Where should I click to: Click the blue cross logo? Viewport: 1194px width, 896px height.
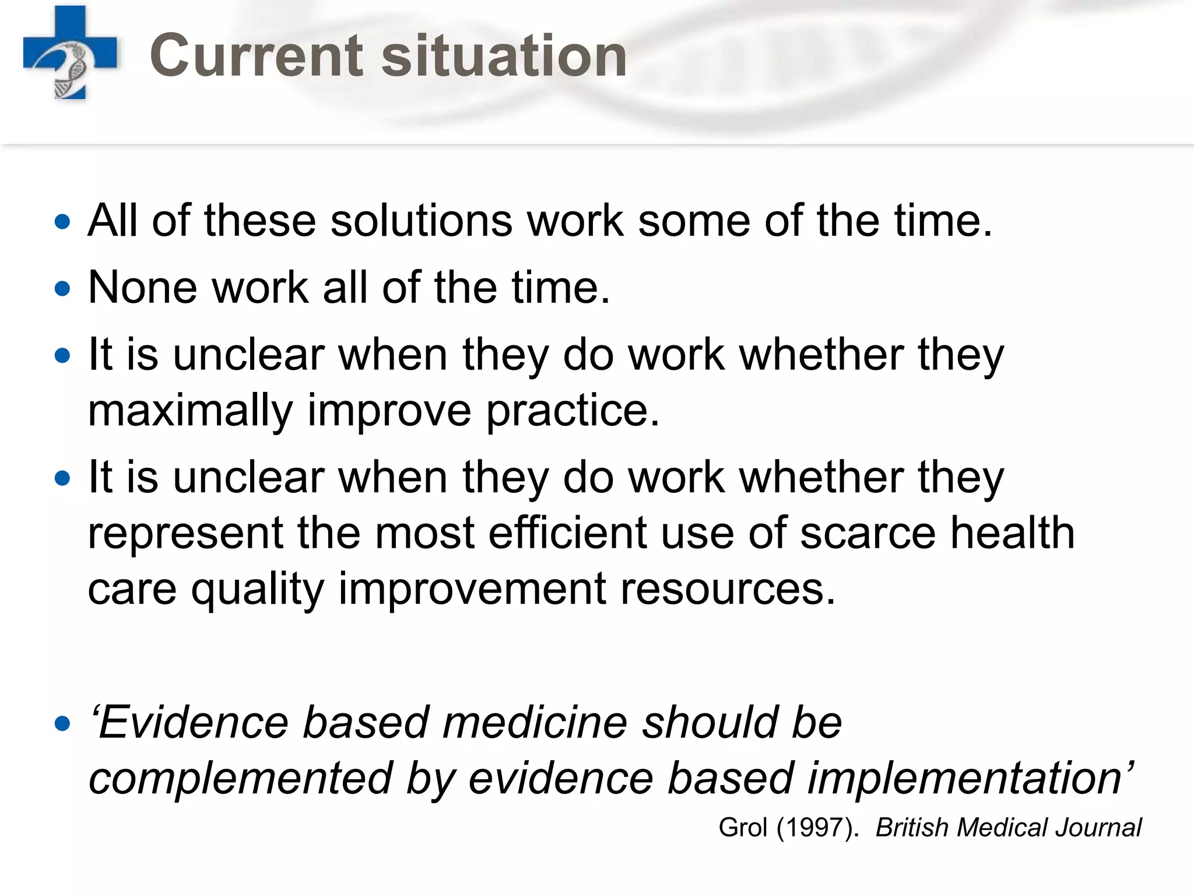tap(70, 52)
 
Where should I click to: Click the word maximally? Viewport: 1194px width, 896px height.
tap(190, 411)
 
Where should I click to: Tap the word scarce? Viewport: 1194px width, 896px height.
tap(868, 533)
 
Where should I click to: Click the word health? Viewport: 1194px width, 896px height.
tap(1013, 533)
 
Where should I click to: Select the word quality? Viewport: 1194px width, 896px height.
tap(257, 589)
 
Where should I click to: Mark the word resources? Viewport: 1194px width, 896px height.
tap(728, 589)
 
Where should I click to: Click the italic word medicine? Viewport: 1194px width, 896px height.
tap(535, 723)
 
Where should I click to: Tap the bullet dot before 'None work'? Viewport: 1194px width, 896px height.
tap(62, 288)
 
